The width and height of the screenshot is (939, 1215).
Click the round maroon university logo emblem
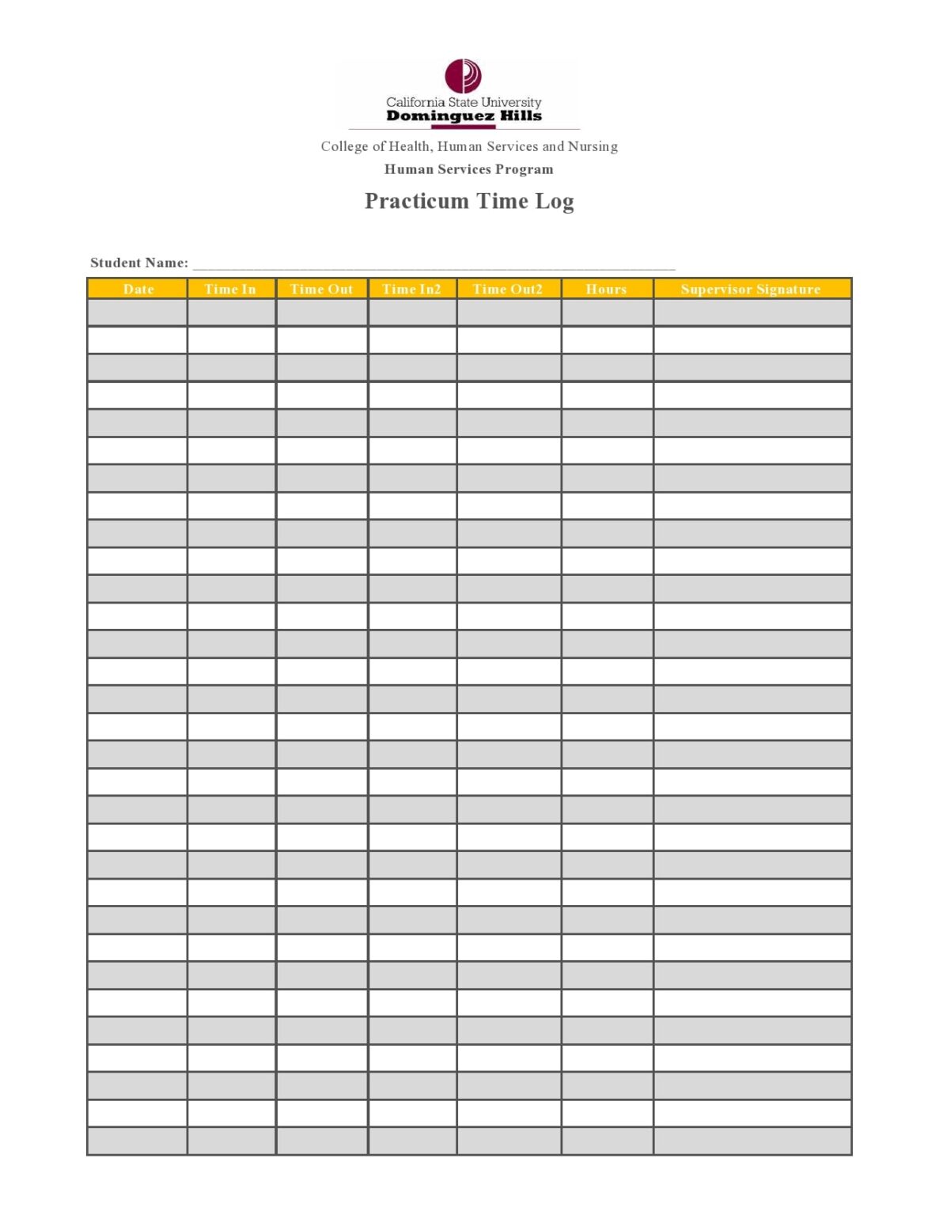click(463, 76)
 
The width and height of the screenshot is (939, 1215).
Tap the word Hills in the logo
click(521, 115)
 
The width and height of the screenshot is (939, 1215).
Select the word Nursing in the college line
click(593, 146)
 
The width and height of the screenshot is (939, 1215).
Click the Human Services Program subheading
click(468, 169)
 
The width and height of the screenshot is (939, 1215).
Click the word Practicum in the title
click(417, 201)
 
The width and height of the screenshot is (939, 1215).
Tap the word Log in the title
click(555, 202)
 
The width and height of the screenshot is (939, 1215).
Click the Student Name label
click(139, 263)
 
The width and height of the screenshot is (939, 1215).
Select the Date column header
click(138, 289)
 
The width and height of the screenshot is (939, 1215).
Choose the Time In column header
click(230, 289)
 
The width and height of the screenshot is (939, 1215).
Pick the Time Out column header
click(321, 289)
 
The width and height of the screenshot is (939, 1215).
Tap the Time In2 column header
click(411, 289)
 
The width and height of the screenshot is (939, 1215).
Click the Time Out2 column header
click(508, 289)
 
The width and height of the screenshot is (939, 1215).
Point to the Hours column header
click(606, 289)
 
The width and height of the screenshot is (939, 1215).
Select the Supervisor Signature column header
click(751, 289)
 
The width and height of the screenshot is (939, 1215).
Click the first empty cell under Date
click(138, 312)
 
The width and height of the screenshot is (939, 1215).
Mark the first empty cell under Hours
click(607, 312)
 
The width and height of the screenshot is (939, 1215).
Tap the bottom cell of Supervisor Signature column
click(752, 1141)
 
